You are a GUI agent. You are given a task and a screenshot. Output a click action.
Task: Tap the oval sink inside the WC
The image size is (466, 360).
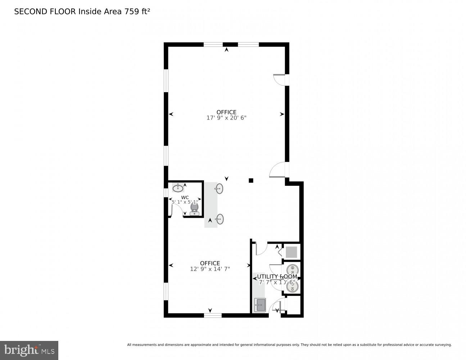coord(178,188)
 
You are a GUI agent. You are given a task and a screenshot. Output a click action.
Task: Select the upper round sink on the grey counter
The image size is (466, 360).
coord(219,188)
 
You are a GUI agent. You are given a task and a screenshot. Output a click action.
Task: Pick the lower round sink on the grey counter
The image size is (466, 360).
coord(219,219)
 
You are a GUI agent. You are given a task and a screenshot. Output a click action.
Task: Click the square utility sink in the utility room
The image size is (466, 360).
coord(260,305)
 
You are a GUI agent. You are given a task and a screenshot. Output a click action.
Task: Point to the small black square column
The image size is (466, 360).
coord(251,180)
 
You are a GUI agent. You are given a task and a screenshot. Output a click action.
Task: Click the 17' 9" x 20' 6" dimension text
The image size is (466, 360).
coord(226,118)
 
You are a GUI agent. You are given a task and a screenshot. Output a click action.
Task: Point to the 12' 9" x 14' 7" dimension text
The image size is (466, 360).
coord(210,269)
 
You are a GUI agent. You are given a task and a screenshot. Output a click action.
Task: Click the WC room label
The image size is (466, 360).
coord(185,197)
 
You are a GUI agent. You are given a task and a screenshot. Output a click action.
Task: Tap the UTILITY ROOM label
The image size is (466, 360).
coord(277,276)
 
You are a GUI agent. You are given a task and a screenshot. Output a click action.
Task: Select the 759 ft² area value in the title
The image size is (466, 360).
coord(137,12)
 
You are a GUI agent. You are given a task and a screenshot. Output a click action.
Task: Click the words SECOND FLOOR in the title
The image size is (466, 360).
coord(45,12)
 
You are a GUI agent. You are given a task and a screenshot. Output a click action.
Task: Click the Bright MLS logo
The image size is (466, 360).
coord(29,350)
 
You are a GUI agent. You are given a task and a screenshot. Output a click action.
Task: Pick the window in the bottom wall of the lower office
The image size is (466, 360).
coord(213,315)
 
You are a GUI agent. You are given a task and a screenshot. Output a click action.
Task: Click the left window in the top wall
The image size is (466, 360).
coord(213,45)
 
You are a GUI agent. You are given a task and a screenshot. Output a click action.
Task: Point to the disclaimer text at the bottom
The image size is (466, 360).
coord(289,345)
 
